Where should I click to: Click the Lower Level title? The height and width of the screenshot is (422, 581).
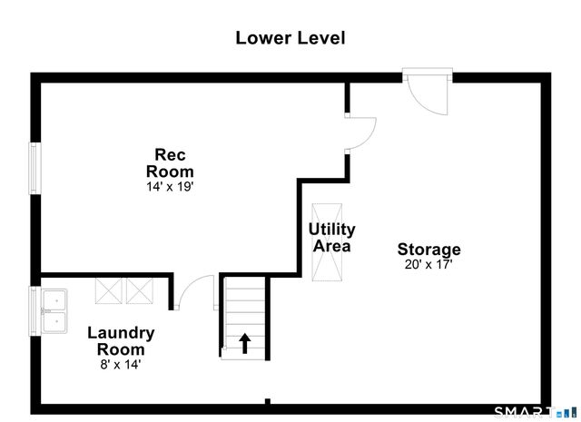(290, 38)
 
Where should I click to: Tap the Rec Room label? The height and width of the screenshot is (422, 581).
(170, 163)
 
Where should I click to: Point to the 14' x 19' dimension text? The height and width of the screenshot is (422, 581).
(170, 186)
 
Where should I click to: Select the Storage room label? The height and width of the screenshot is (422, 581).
(429, 250)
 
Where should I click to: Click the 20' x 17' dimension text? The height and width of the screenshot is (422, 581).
(428, 264)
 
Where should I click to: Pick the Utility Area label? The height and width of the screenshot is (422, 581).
(331, 238)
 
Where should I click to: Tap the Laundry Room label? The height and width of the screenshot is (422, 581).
(121, 341)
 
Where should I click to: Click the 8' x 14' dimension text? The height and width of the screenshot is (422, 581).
(121, 365)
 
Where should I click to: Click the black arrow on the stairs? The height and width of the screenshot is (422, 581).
(244, 343)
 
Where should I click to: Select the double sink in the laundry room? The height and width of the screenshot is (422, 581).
(54, 311)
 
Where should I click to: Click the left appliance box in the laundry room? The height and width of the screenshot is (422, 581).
(108, 290)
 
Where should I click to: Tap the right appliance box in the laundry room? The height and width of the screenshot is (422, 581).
(140, 290)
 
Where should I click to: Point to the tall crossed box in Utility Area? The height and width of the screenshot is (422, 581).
(327, 242)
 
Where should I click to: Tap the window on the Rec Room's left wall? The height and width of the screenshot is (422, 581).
(34, 168)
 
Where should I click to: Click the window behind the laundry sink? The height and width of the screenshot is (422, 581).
(34, 311)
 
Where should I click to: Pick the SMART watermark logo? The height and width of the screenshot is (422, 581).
(536, 413)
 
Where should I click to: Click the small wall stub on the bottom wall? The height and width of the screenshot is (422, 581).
(268, 401)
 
